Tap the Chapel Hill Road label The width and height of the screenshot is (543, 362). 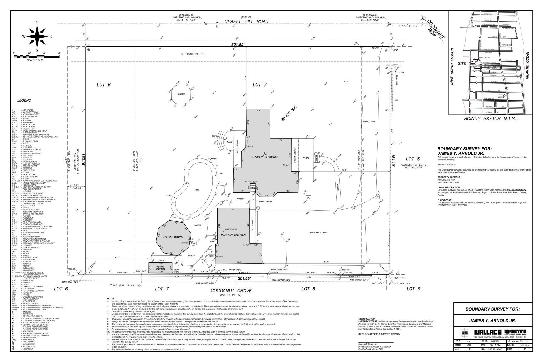pyautogui.click(x=246, y=21)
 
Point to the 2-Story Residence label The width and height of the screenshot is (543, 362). pyautogui.click(x=265, y=157)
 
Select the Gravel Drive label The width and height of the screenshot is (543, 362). pyautogui.click(x=369, y=122)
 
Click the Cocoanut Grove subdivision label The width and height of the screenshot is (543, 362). pyautogui.click(x=231, y=291)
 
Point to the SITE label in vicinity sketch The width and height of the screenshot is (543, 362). pyautogui.click(x=462, y=64)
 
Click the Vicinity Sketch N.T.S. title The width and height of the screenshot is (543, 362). pyautogui.click(x=489, y=119)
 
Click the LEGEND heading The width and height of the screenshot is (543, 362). pyautogui.click(x=24, y=100)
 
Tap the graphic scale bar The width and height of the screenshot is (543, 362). pyautogui.click(x=37, y=57)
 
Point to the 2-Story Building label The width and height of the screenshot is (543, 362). pyautogui.click(x=233, y=235)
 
